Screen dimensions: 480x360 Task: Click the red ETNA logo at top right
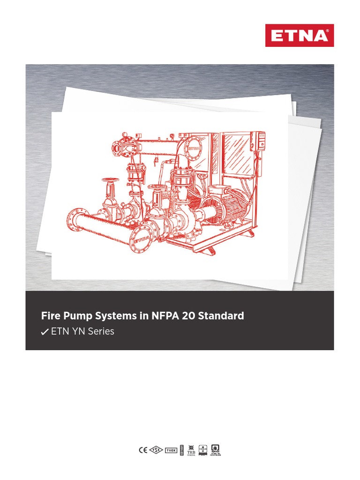tap(300, 36)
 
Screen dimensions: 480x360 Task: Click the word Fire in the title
tap(50, 316)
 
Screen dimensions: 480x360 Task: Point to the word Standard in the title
tap(221, 316)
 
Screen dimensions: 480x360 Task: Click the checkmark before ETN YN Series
tap(45, 332)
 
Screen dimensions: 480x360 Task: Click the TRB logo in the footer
tap(191, 451)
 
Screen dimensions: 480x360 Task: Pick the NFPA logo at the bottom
tap(216, 450)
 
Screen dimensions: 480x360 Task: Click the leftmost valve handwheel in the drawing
tap(111, 180)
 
